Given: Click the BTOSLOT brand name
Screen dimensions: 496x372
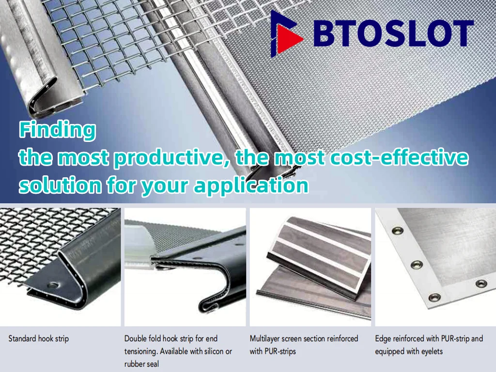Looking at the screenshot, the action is pyautogui.click(x=393, y=33).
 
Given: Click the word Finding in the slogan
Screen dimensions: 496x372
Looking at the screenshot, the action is pyautogui.click(x=58, y=130).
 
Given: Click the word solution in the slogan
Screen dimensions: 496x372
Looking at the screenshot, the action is pyautogui.click(x=61, y=185).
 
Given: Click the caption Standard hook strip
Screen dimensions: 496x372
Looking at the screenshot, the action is pyautogui.click(x=39, y=339).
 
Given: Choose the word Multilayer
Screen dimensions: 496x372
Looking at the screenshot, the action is pyautogui.click(x=264, y=339).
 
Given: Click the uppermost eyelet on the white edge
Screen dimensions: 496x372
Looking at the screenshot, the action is pyautogui.click(x=398, y=230).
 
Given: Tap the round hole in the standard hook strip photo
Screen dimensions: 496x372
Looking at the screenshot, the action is pyautogui.click(x=53, y=285).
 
